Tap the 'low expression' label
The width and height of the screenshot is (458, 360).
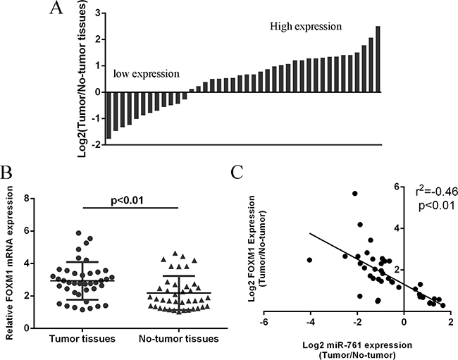pos(146,73)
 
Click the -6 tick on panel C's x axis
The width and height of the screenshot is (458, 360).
pos(262,322)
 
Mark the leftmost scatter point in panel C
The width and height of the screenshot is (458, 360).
pos(310,260)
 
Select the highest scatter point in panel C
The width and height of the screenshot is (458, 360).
pos(355,193)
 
